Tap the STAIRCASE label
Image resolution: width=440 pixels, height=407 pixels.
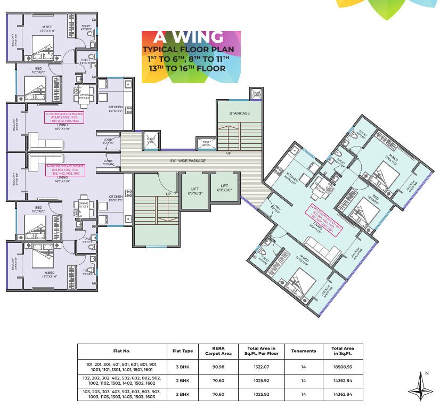(x=239, y=113)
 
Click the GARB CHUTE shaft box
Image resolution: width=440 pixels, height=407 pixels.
(x=256, y=94)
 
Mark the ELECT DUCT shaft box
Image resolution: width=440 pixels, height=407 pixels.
(x=151, y=141)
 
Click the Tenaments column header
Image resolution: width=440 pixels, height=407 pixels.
(x=304, y=351)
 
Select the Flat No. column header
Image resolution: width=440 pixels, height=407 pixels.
(x=123, y=351)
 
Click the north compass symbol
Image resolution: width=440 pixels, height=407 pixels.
(x=420, y=386)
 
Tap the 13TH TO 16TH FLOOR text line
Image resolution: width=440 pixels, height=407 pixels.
(x=187, y=68)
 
